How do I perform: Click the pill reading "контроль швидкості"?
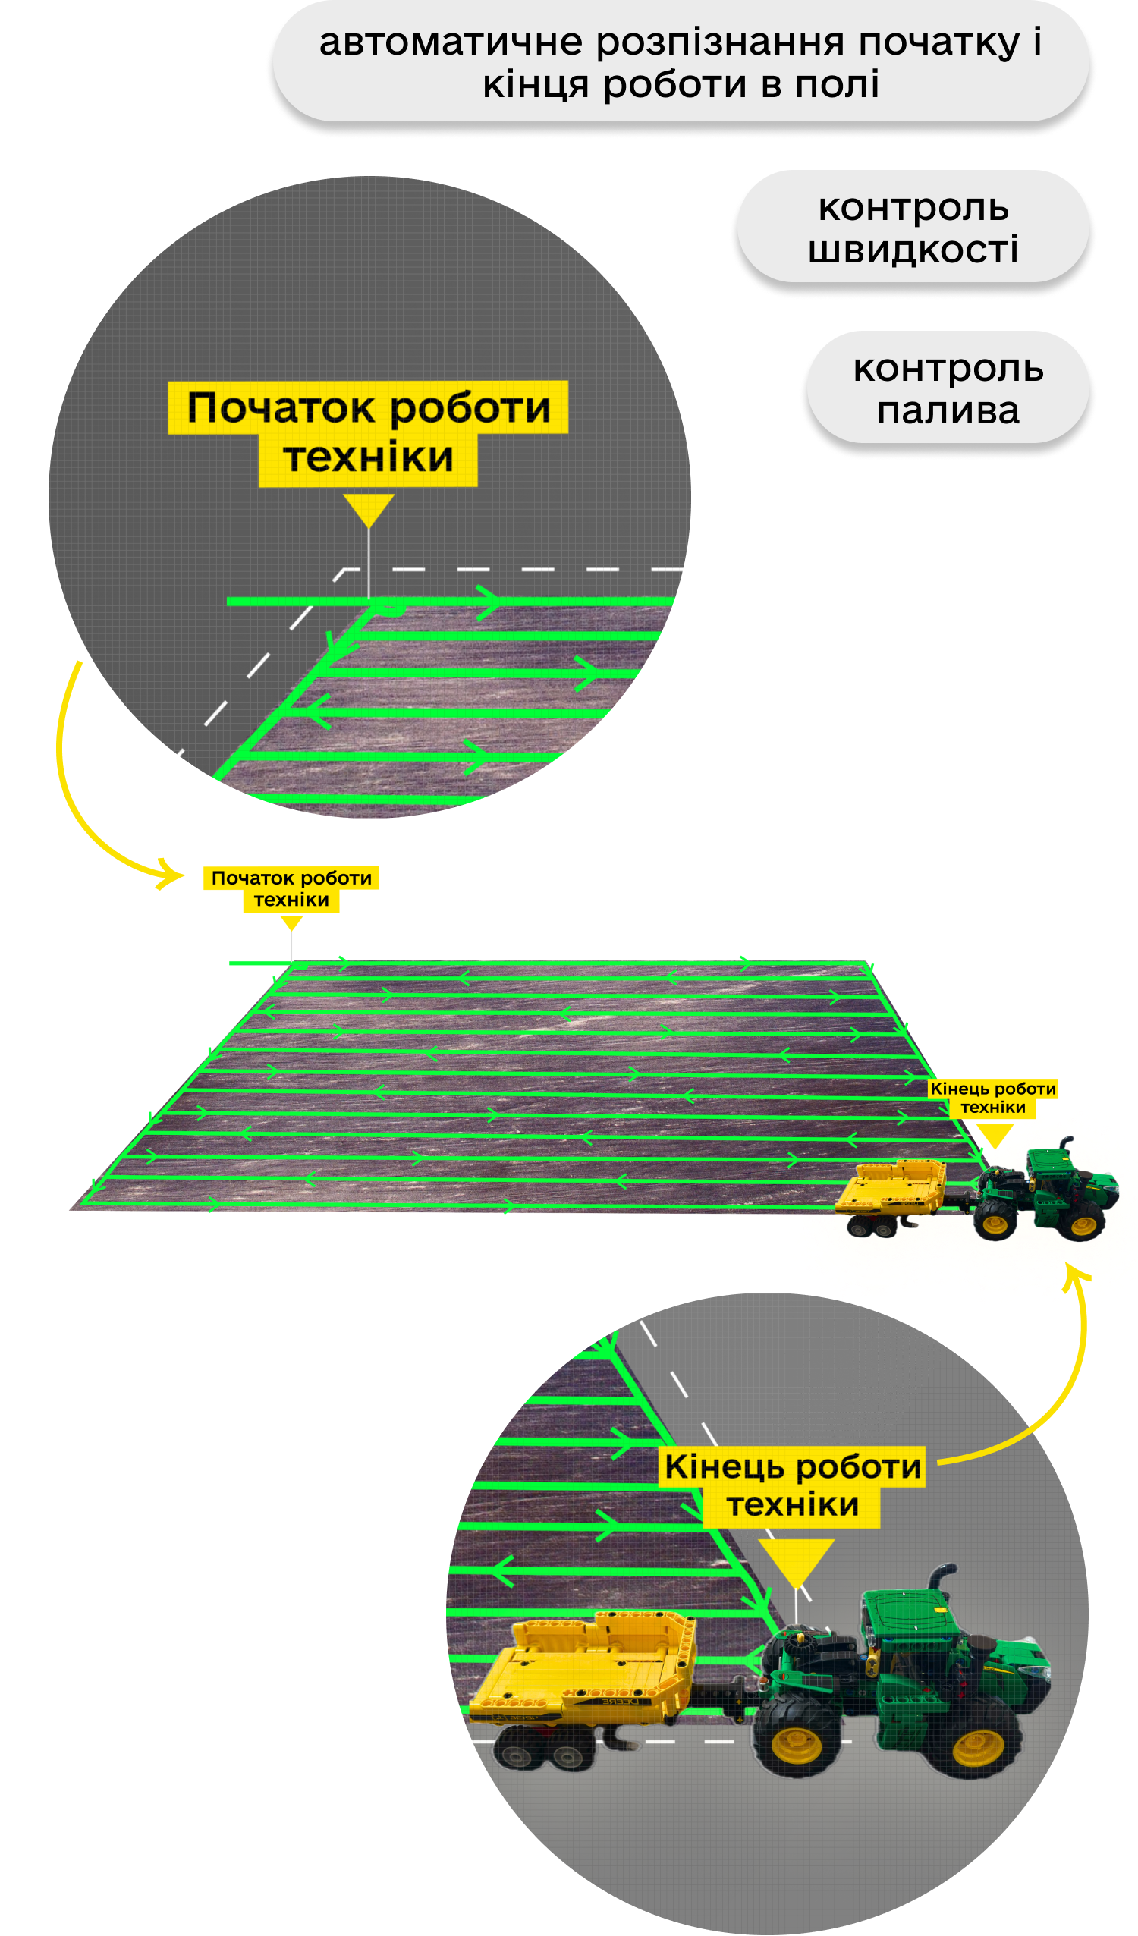click(913, 228)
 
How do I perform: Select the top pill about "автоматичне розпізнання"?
click(681, 62)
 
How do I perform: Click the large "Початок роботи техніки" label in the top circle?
click(369, 432)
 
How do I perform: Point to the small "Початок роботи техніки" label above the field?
click(291, 888)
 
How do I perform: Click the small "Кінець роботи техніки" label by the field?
click(993, 1097)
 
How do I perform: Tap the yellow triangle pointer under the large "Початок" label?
click(369, 508)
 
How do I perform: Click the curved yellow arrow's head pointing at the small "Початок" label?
click(172, 874)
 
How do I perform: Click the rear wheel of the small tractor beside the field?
click(996, 1221)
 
